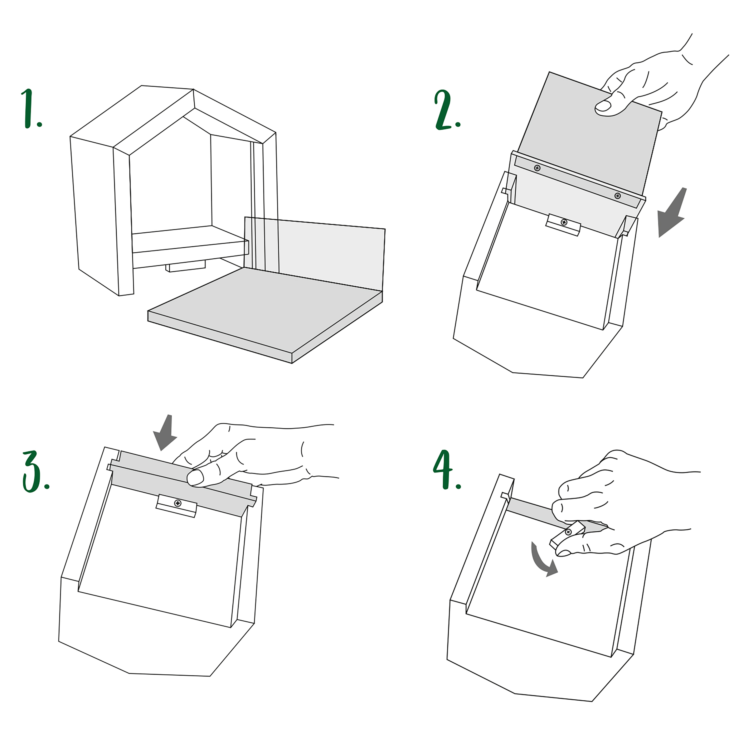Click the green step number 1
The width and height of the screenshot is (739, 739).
(x=31, y=109)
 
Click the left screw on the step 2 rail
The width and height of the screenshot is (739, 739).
(x=537, y=168)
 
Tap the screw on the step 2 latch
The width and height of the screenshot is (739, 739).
(x=564, y=222)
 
